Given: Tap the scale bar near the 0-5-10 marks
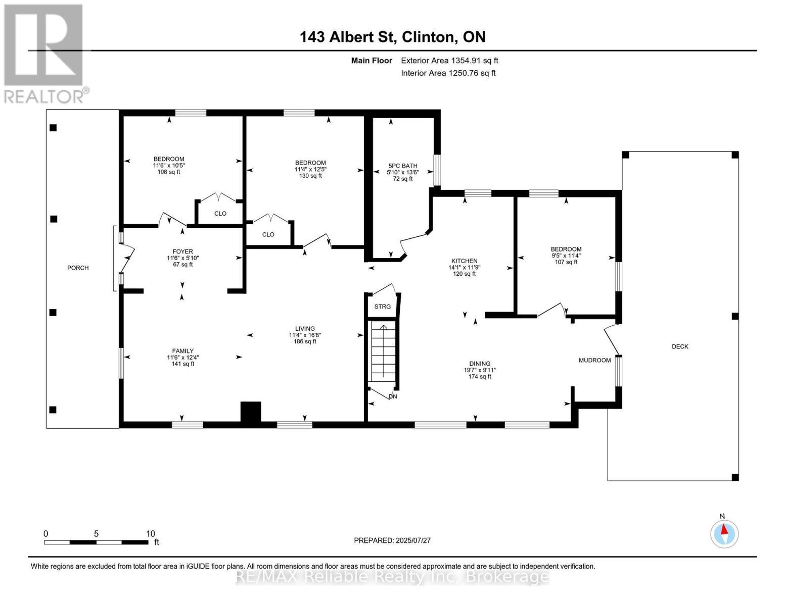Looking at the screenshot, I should click(96, 542).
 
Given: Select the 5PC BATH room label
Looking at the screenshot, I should click(403, 166).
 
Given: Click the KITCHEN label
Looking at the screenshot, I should click(464, 261).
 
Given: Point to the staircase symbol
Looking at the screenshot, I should click(383, 351).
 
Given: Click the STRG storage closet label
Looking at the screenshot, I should click(383, 307).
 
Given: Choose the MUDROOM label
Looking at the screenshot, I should click(594, 360).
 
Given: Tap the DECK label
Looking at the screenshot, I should click(680, 346).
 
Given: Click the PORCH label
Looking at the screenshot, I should click(78, 268).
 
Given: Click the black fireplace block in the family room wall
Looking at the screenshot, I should click(250, 412).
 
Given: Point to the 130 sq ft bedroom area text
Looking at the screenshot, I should click(310, 176).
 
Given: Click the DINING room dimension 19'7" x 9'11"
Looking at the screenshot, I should click(480, 370).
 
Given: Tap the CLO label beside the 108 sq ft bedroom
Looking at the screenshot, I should click(220, 214).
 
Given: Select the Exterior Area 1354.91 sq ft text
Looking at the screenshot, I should click(449, 61).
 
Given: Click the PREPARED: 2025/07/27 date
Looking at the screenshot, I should click(392, 540).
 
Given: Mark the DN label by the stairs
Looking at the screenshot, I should click(393, 396).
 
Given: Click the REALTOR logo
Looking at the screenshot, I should click(44, 53).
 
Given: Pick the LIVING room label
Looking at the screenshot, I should click(305, 328).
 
